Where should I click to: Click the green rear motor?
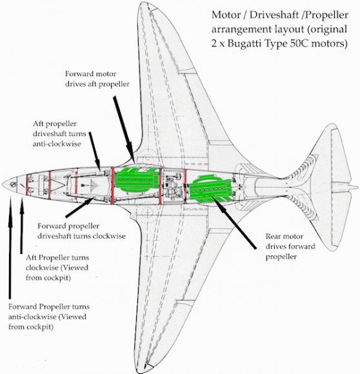click(211, 188)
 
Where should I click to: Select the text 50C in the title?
click(299, 44)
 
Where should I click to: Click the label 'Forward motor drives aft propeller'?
click(97, 79)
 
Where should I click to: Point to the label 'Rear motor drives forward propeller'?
click(290, 246)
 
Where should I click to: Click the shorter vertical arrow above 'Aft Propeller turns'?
click(22, 225)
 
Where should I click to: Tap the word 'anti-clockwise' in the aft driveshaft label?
click(57, 144)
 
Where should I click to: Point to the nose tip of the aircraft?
click(2, 184)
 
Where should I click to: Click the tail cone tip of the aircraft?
click(357, 187)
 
